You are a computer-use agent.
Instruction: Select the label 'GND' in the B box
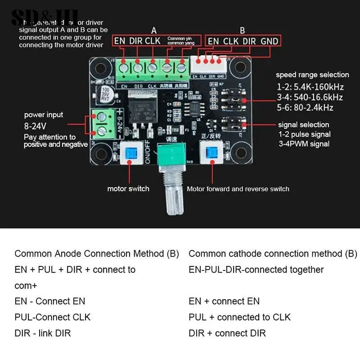pos(270,41)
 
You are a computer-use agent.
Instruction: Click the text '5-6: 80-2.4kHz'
pos(305,108)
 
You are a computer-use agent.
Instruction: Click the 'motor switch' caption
pos(128,189)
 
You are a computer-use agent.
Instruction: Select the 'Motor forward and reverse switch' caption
pos(238,189)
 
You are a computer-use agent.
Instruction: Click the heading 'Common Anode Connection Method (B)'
pos(97,254)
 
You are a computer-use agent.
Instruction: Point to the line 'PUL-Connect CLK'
pos(53,317)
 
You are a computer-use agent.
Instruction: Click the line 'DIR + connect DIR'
pos(227,333)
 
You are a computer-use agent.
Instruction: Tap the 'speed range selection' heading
pos(312,75)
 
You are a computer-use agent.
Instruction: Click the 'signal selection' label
pos(303,125)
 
